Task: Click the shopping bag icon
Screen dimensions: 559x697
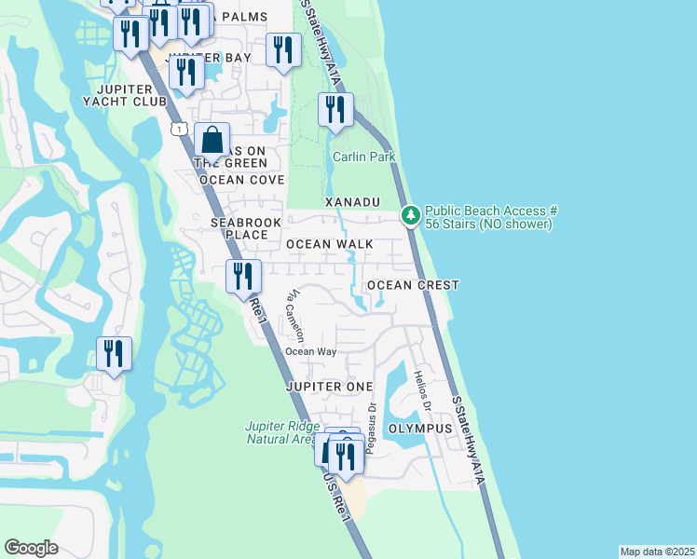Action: (x=212, y=141)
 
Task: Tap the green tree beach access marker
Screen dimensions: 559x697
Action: (x=410, y=215)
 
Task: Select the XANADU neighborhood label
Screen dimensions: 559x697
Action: (x=353, y=202)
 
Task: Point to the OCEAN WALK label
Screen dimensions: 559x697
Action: (x=329, y=244)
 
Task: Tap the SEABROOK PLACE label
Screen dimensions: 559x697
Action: (x=239, y=229)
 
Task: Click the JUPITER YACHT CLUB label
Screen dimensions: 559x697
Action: (x=124, y=95)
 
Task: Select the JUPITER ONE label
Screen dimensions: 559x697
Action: (x=330, y=386)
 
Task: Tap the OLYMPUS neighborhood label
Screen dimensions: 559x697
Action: (x=419, y=429)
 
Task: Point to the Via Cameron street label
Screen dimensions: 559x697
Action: (x=295, y=316)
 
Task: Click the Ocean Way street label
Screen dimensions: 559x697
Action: (x=310, y=351)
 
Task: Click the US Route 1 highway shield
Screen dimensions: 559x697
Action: (x=177, y=128)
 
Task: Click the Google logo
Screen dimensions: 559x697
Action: (x=31, y=548)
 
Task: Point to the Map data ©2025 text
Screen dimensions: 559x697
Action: (x=656, y=552)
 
